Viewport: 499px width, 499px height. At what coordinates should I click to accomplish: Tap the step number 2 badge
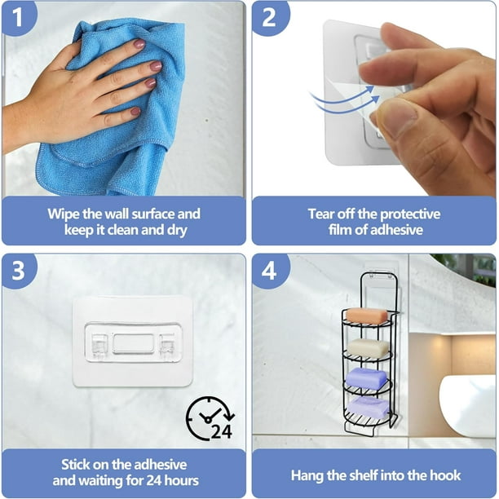coord(269,16)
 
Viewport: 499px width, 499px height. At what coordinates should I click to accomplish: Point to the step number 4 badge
coord(269,271)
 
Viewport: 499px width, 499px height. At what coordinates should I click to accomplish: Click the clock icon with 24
coord(210,418)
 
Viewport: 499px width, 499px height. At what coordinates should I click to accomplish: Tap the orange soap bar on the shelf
coord(367,316)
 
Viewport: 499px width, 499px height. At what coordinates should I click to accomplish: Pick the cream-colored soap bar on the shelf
coord(368,348)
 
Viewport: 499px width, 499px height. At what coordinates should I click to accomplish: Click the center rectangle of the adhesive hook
coord(134,343)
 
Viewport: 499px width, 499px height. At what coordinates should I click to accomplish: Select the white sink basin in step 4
coord(467,405)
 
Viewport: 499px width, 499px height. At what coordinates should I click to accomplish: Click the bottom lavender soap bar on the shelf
coord(368,407)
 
